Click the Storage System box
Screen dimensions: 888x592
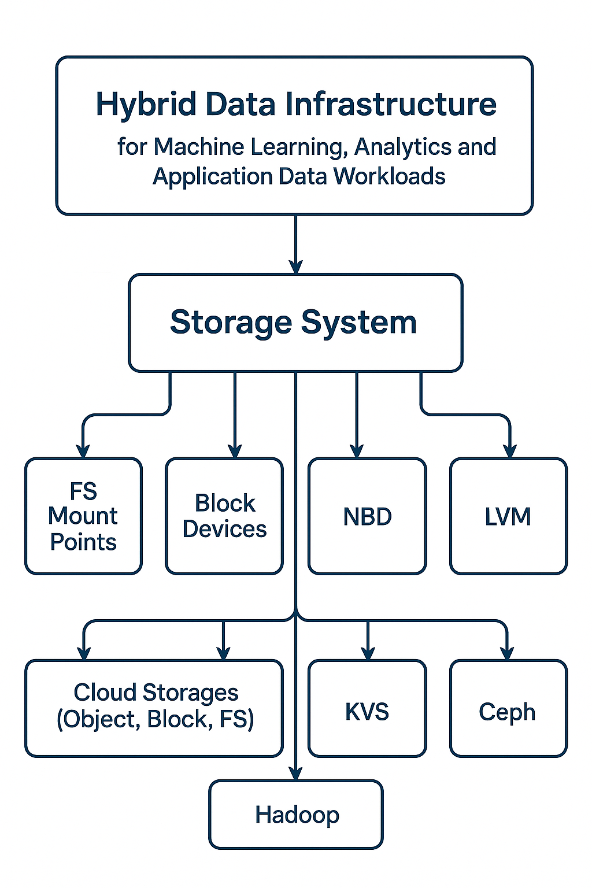click(295, 323)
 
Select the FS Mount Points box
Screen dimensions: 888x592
click(83, 516)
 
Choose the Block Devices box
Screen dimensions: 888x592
click(224, 516)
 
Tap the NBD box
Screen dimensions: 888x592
click(367, 516)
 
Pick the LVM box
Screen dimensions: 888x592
click(508, 516)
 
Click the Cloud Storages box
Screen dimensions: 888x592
click(154, 708)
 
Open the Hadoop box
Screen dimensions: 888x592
click(296, 815)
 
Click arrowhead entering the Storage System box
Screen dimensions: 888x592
click(296, 267)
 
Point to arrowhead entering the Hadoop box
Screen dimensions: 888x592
click(296, 773)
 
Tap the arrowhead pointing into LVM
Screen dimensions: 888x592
click(510, 451)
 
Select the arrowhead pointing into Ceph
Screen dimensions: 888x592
click(507, 653)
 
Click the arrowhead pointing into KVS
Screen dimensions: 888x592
click(368, 653)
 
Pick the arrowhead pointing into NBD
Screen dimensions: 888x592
click(357, 451)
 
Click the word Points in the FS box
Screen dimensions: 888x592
click(83, 542)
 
